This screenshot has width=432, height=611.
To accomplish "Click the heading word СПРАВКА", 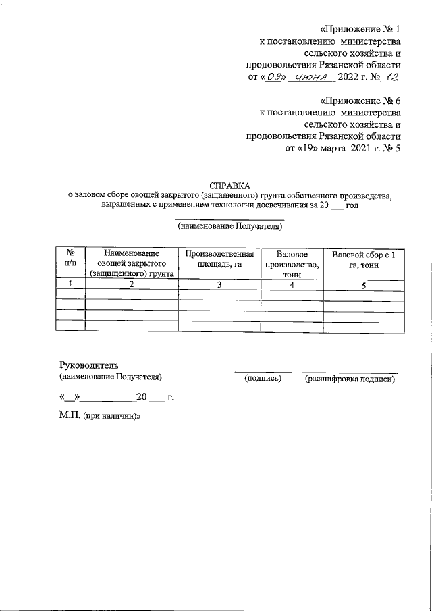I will point(230,185).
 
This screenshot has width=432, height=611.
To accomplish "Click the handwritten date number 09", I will point(273,78).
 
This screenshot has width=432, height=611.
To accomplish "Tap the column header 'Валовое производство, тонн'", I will point(292,264).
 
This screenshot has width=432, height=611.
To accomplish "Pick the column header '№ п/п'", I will point(70,259).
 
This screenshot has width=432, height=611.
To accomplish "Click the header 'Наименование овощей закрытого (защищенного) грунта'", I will point(132,264).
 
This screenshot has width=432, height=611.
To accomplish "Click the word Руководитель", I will point(89,365).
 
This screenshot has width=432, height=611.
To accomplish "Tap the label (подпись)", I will point(262,379).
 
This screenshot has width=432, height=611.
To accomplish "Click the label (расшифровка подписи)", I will point(350,379).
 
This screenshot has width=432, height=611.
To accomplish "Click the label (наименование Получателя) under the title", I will point(230,227).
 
